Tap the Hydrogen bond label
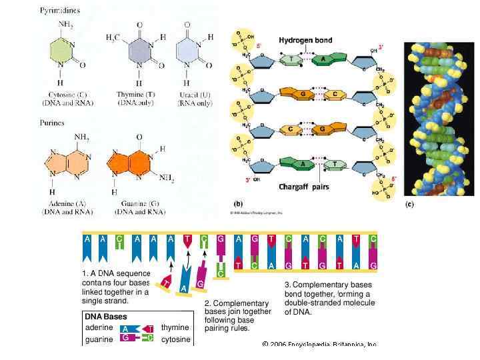tap(305, 41)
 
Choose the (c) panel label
tap(409, 204)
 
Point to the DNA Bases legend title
tap(105, 317)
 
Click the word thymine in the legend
tap(175, 327)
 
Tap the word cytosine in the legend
tap(176, 339)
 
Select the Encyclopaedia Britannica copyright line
tap(320, 345)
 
